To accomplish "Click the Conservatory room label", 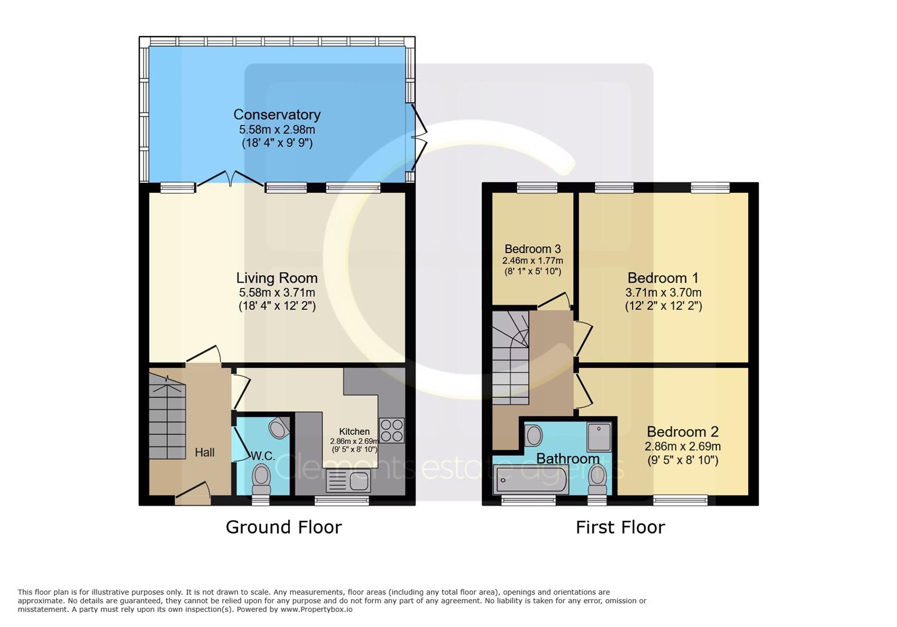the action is click(x=277, y=115).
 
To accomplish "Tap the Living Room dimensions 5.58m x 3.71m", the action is click(x=277, y=293).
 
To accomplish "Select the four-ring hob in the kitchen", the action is click(x=392, y=430).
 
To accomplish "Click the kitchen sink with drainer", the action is click(x=348, y=481).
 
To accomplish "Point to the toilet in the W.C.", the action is click(x=261, y=480).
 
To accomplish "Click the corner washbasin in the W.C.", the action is click(x=279, y=427).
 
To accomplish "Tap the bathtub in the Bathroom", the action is click(x=530, y=480).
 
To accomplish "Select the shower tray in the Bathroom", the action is click(x=599, y=437).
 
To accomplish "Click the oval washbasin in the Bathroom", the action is click(x=533, y=436).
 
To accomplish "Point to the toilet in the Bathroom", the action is click(x=597, y=480).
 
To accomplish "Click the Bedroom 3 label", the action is click(x=533, y=249).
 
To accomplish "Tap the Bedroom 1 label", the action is click(x=663, y=278).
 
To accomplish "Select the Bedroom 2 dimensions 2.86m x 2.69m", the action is click(x=683, y=446).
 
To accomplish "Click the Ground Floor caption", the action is click(x=284, y=527).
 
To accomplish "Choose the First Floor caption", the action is click(x=620, y=527).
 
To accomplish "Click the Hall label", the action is click(x=204, y=453).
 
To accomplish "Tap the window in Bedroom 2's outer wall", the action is click(x=680, y=500).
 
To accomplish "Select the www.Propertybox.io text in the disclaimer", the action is click(x=317, y=610).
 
